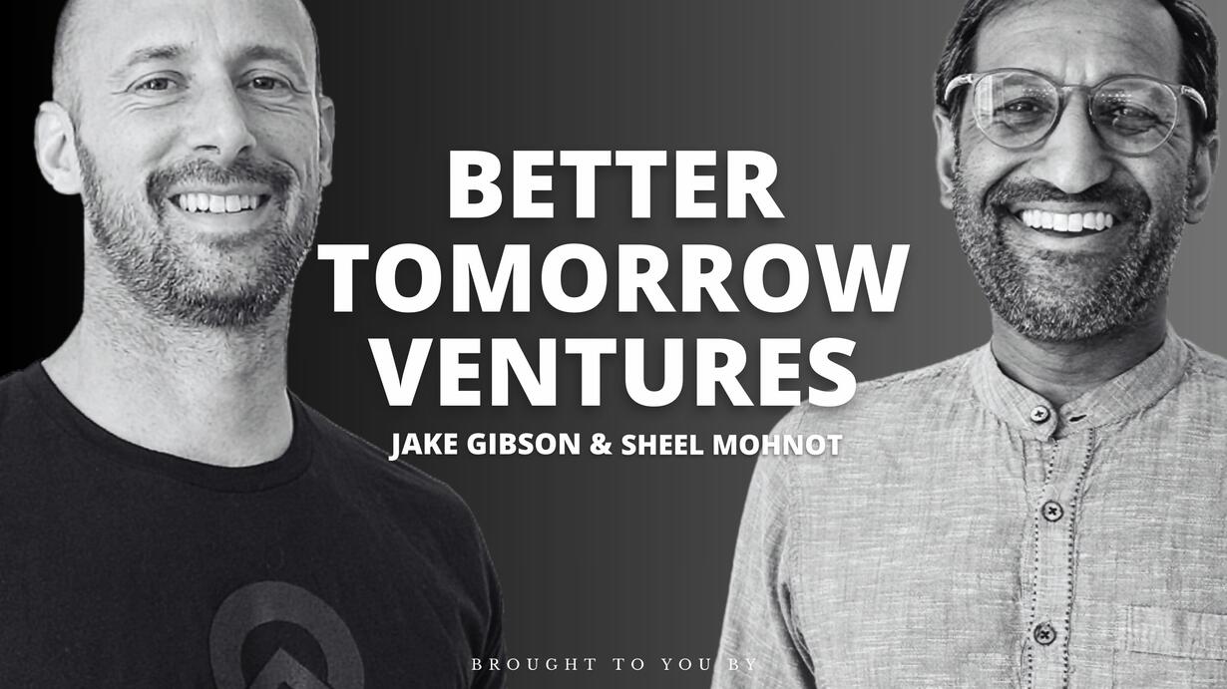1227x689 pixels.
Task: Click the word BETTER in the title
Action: (615, 184)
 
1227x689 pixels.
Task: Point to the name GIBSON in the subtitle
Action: (523, 445)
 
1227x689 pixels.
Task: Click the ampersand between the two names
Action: (601, 445)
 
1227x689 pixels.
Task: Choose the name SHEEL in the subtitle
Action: (661, 445)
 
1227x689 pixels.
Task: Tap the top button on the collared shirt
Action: (1038, 413)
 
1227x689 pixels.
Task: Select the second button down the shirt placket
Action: (1052, 511)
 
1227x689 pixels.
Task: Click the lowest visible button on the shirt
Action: (1044, 633)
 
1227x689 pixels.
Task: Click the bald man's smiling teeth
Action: (218, 202)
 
